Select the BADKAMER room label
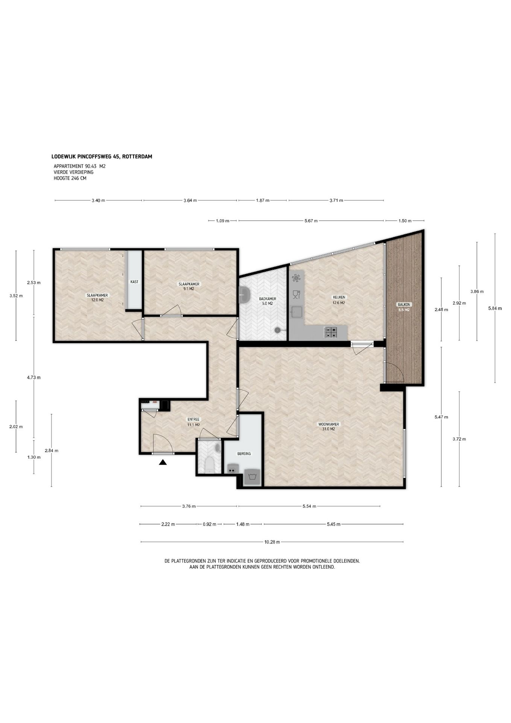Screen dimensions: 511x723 (x=268, y=299)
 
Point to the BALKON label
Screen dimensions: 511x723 (x=404, y=304)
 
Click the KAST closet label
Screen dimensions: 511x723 (x=134, y=282)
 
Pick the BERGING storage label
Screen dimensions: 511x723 (x=244, y=454)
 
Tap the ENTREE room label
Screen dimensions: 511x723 (x=193, y=419)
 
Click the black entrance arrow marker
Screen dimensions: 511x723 (x=163, y=462)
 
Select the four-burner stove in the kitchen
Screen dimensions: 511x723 (x=331, y=332)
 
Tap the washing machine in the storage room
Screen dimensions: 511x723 (x=252, y=477)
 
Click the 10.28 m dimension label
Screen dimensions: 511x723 (x=272, y=542)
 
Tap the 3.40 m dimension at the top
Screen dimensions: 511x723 (x=98, y=201)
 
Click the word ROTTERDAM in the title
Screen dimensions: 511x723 (x=137, y=157)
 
